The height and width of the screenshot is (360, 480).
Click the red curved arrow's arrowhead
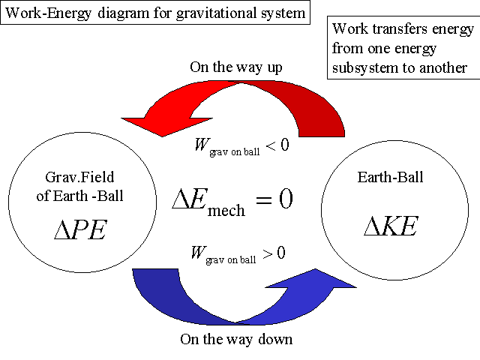click(x=154, y=123)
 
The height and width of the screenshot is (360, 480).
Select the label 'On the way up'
click(x=235, y=67)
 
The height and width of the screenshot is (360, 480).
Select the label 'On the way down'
click(x=236, y=339)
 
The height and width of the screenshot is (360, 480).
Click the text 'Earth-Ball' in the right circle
click(x=389, y=178)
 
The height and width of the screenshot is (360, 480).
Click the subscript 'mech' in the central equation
click(x=226, y=210)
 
